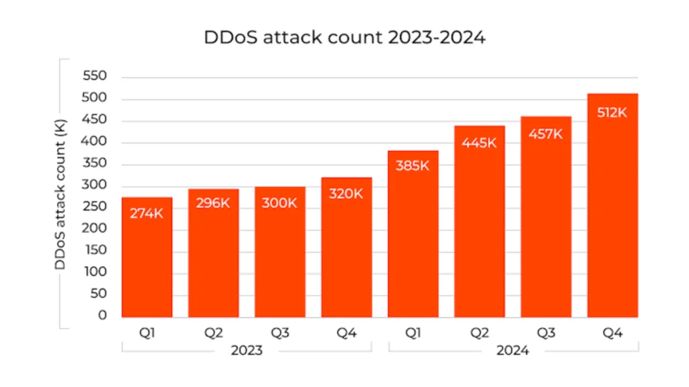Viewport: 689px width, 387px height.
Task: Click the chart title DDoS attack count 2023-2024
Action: [x=344, y=38]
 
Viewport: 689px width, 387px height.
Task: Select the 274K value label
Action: [x=147, y=215]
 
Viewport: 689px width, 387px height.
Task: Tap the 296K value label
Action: [x=213, y=204]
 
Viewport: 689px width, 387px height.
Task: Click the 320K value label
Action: [x=347, y=194]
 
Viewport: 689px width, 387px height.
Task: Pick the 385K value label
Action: [x=412, y=166]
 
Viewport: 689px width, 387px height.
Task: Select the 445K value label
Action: [x=479, y=142]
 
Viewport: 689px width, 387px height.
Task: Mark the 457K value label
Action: [x=546, y=134]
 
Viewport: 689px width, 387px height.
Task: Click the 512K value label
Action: [x=612, y=113]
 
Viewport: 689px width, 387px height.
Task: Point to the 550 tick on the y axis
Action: [x=95, y=77]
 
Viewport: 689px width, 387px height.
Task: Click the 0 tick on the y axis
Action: [x=103, y=315]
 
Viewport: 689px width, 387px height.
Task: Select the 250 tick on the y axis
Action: [x=95, y=207]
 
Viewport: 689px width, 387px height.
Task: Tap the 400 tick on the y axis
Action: [x=95, y=142]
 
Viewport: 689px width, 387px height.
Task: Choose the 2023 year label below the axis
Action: [x=246, y=351]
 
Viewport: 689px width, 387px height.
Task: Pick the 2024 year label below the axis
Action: [x=513, y=351]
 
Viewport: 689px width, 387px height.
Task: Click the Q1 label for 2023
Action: [x=147, y=332]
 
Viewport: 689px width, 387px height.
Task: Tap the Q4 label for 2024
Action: [x=612, y=332]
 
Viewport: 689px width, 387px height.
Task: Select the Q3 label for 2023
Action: [x=280, y=332]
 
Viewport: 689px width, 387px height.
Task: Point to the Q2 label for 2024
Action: [x=479, y=332]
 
